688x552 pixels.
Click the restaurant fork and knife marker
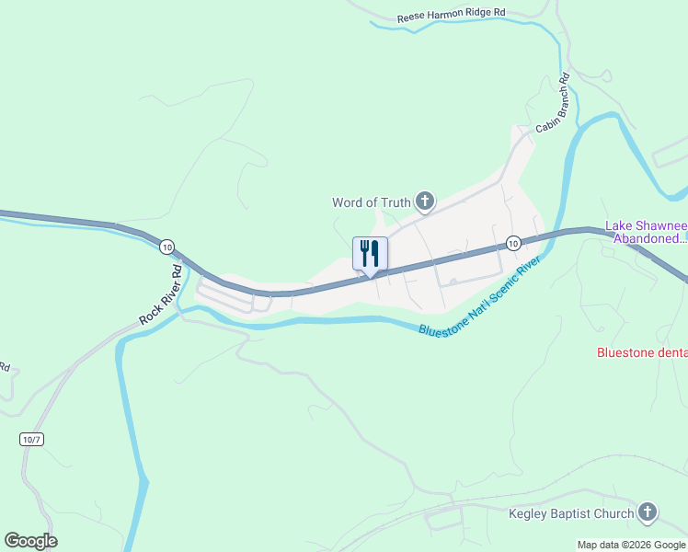tap(370, 254)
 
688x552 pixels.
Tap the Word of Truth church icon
tap(424, 201)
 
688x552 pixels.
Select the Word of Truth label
tap(372, 201)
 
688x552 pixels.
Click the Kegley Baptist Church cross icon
tap(648, 512)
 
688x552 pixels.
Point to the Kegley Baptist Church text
tap(571, 513)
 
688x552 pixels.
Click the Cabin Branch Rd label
tap(553, 102)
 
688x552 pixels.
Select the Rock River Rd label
tap(162, 293)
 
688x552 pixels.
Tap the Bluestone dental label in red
tap(642, 351)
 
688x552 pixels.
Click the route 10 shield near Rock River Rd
tap(166, 247)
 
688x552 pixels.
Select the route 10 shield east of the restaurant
tap(512, 243)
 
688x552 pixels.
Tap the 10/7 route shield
tap(31, 439)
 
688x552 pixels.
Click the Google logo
tap(30, 541)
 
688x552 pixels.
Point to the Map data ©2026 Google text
tap(630, 545)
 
